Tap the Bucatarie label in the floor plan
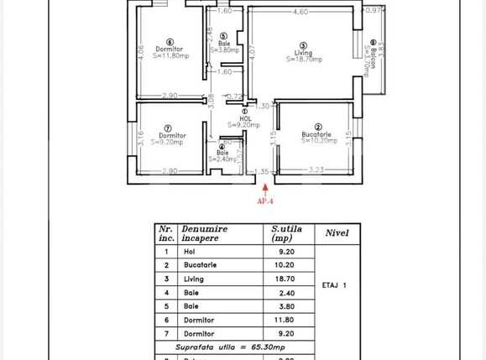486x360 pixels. (x=316, y=134)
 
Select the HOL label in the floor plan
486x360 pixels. (x=245, y=118)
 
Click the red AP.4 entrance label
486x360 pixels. (x=265, y=201)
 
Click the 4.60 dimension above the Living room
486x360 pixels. (x=300, y=12)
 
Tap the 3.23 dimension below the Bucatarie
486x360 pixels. (x=316, y=170)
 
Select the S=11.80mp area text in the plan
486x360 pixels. (x=170, y=56)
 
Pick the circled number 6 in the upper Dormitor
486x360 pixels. (x=170, y=41)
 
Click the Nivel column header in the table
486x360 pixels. (x=337, y=233)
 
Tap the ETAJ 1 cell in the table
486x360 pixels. (x=334, y=285)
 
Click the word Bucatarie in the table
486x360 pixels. (x=201, y=265)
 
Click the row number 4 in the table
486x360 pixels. (x=166, y=292)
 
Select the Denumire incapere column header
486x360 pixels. (x=206, y=232)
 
